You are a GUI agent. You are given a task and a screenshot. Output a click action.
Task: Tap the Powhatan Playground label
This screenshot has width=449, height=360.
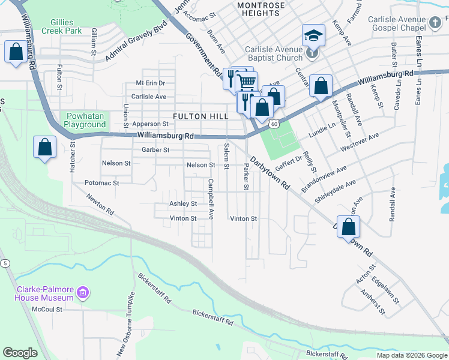coord(84,120)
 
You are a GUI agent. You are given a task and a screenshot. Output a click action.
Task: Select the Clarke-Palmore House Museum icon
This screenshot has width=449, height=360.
coord(83,293)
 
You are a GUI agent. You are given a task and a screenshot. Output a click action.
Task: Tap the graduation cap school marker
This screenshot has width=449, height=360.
coord(313,36)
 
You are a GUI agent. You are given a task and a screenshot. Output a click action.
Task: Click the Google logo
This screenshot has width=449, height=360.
coord(20,353)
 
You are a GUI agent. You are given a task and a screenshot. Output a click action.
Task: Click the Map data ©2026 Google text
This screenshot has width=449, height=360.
coord(411,355)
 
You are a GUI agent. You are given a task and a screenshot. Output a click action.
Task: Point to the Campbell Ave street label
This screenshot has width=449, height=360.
coord(211,199)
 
